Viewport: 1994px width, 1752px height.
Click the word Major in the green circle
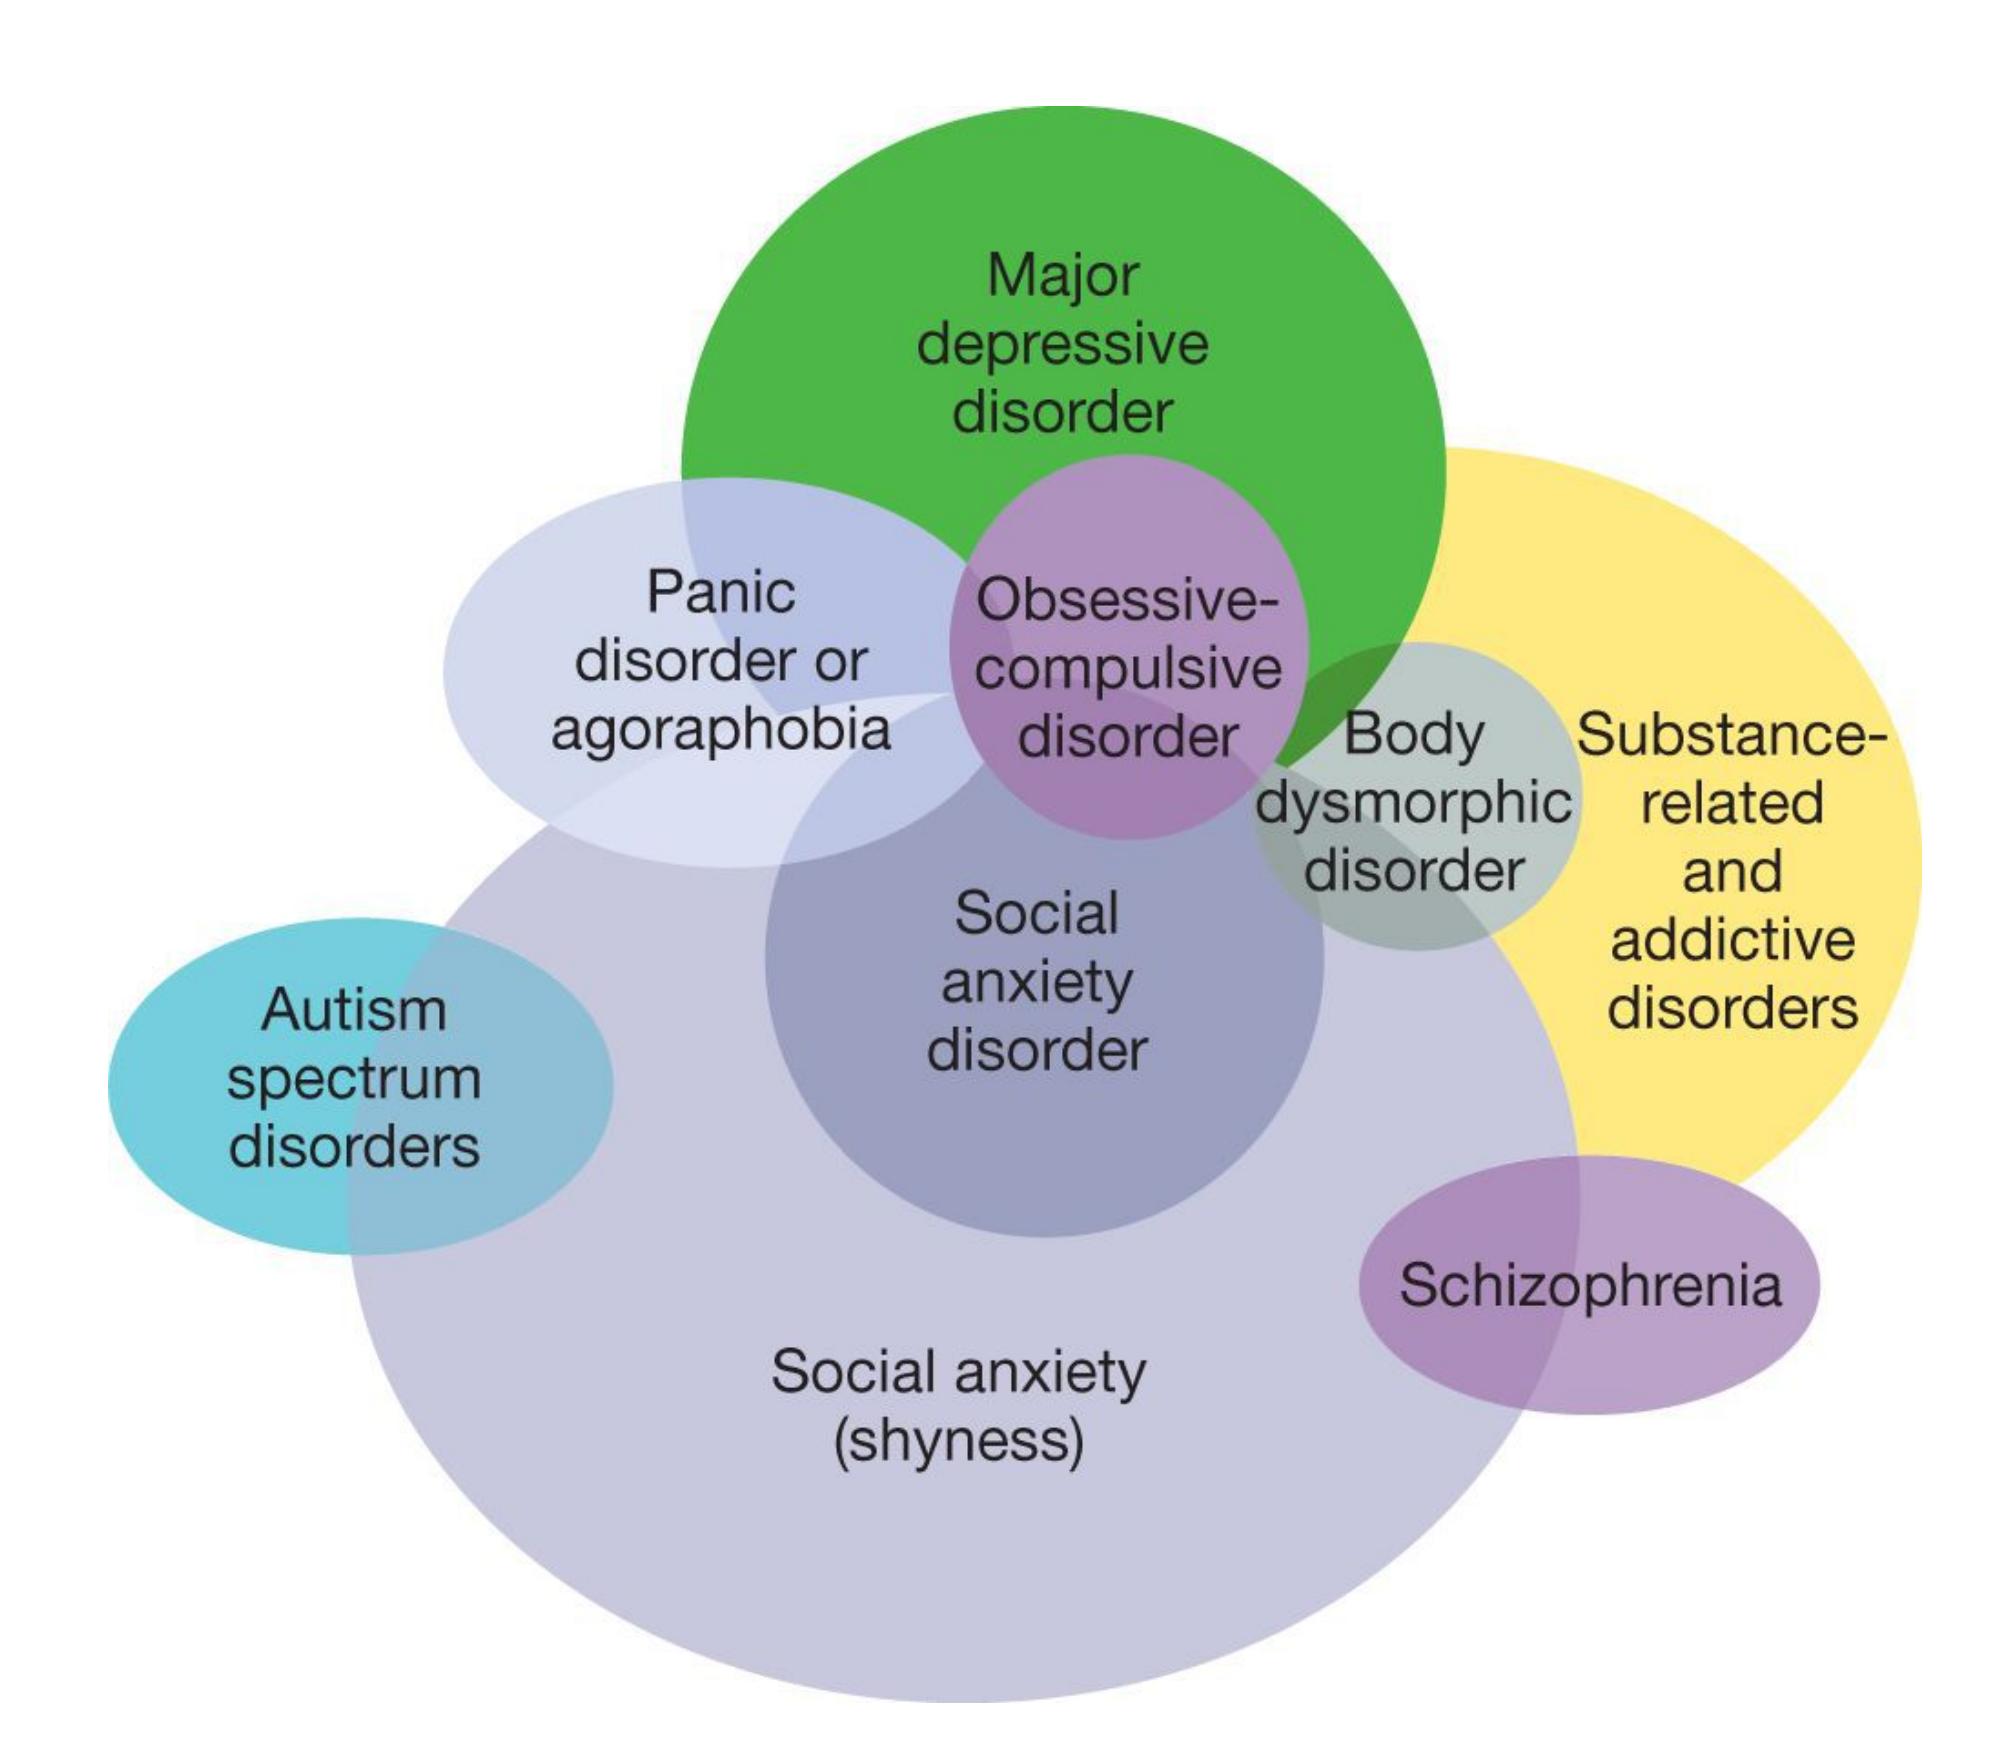pos(1062,275)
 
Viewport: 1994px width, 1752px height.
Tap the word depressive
pos(1062,345)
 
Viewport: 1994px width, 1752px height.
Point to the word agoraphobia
pos(720,730)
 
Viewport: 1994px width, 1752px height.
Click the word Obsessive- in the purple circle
pos(1127,601)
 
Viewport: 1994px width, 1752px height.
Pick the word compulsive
pos(1127,669)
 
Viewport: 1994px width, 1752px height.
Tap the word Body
pos(1413,735)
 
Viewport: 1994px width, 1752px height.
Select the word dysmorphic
pos(1413,803)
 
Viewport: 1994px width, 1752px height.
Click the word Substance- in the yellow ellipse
pos(1731,735)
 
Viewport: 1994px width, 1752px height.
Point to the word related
pos(1731,803)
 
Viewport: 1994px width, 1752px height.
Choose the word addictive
pos(1731,939)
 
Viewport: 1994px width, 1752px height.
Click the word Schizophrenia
pos(1590,1285)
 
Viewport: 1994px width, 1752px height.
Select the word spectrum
pos(353,1080)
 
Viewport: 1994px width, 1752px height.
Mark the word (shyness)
pos(958,1441)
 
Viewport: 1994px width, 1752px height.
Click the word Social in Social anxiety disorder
pos(1036,914)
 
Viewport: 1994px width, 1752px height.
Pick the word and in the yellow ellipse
pos(1731,871)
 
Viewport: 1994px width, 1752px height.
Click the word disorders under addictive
pos(1731,1007)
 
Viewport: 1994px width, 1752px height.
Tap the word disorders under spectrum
pos(353,1146)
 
